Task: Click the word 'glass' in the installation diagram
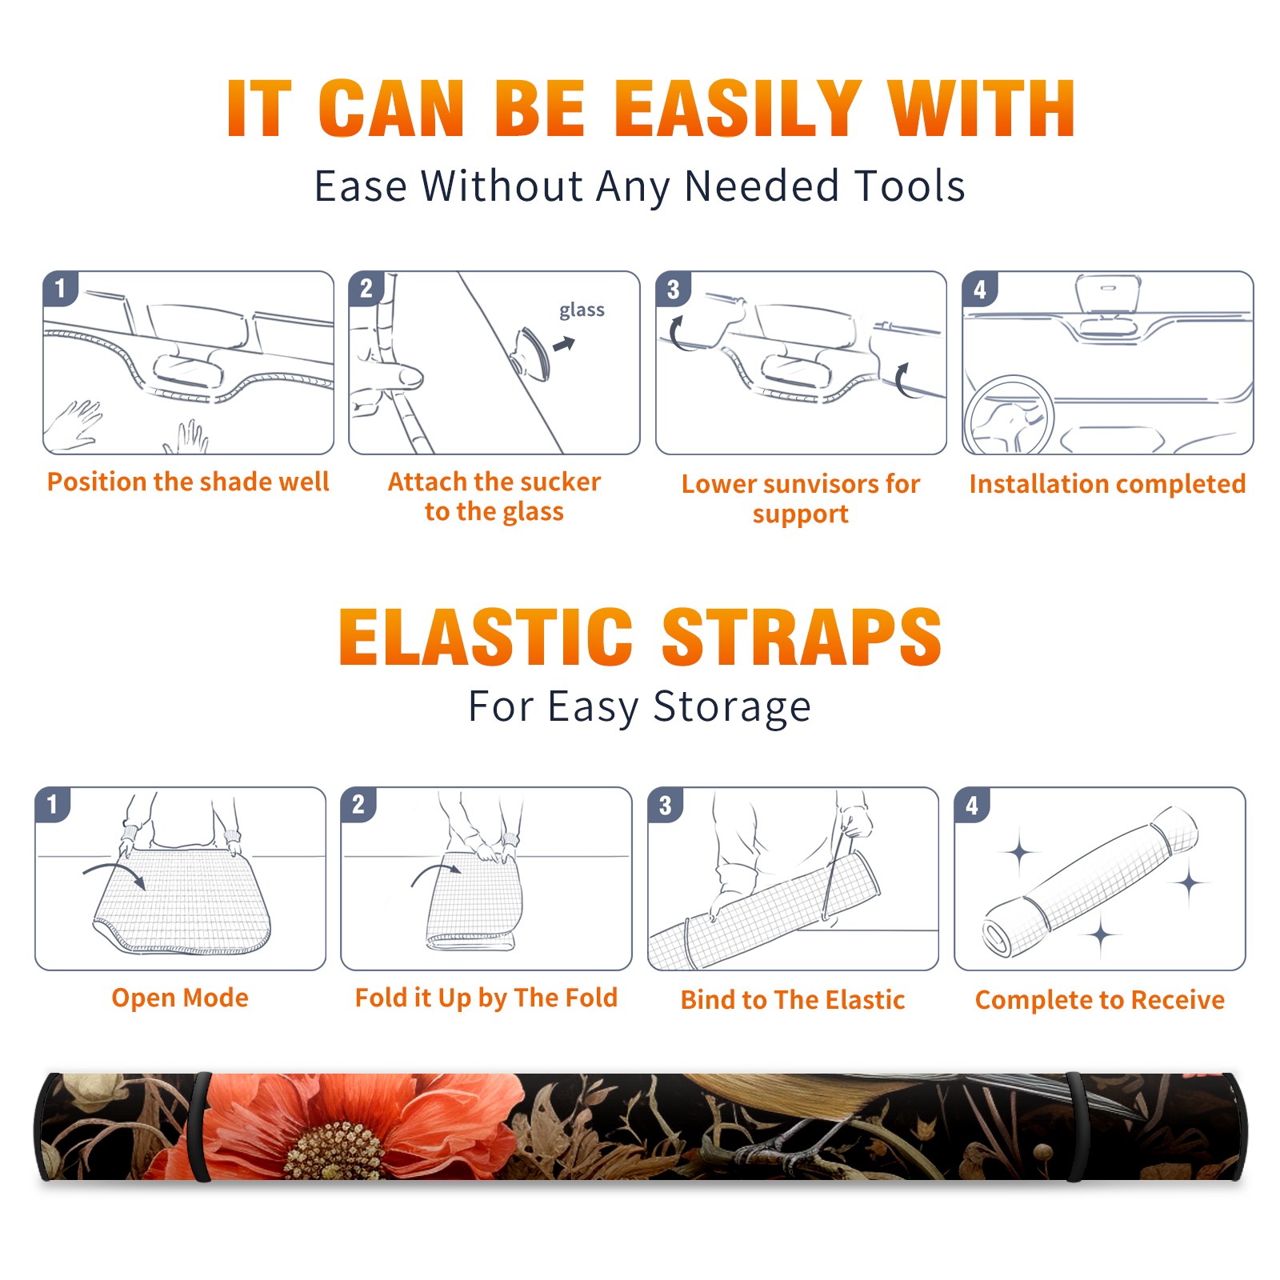582,310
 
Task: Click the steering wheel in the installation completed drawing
1010,415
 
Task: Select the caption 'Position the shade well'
188,482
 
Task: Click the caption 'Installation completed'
1107,483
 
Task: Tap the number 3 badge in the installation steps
673,290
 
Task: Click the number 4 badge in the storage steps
972,806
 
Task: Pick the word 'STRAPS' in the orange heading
802,637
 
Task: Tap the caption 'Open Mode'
180,998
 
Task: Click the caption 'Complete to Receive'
1100,1000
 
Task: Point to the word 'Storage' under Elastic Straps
732,707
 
